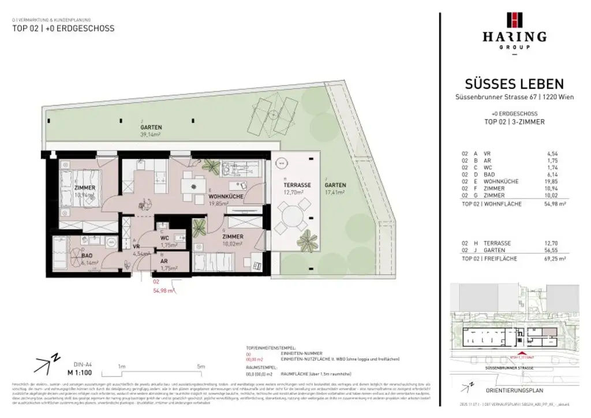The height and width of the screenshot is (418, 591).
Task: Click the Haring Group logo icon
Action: [514, 20]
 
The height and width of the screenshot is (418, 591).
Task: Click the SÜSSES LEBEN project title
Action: [514, 84]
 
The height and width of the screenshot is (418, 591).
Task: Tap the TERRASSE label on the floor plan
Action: [298, 185]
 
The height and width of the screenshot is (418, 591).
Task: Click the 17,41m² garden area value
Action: [335, 192]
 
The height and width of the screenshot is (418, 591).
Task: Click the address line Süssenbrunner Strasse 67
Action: [514, 98]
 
